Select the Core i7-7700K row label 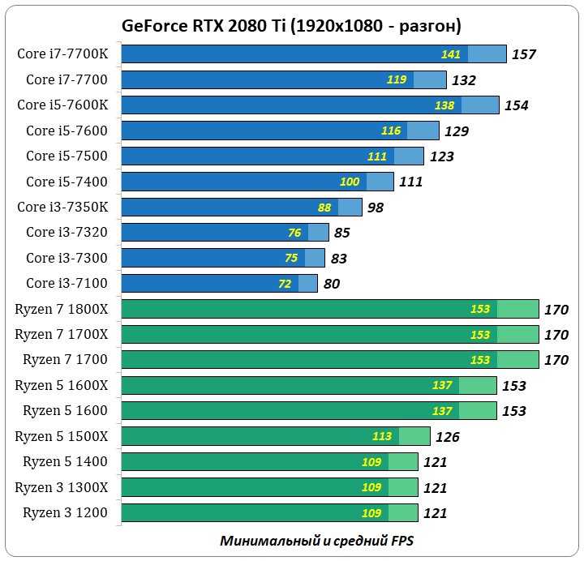click(x=67, y=54)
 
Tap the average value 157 click(x=524, y=55)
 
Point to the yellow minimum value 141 click(x=451, y=54)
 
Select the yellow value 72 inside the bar click(x=285, y=284)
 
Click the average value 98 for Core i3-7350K click(x=376, y=208)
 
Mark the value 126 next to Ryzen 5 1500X click(x=447, y=437)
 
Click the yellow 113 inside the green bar click(x=382, y=436)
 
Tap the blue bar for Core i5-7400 click(x=243, y=182)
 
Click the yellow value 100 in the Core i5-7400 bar click(x=350, y=182)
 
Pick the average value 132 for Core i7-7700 click(x=463, y=80)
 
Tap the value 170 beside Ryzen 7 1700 click(x=556, y=360)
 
